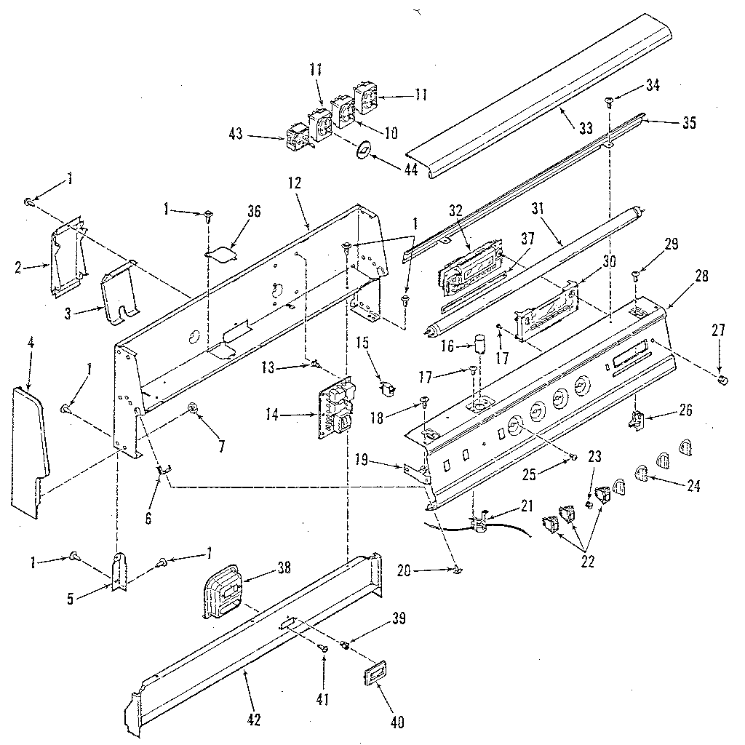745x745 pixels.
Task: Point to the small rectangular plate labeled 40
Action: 374,674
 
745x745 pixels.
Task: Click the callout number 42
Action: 253,720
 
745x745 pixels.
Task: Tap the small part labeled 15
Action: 389,389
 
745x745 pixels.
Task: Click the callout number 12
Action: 294,183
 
